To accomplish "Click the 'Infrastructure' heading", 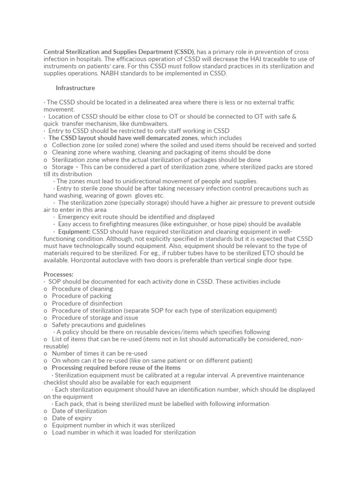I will click(x=75, y=88).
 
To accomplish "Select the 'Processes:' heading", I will click(x=59, y=274).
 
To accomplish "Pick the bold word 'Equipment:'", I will click(x=74, y=232).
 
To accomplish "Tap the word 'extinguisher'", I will click(x=172, y=224).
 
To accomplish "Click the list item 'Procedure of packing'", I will click(x=82, y=296).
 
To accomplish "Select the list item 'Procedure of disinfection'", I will click(x=87, y=303).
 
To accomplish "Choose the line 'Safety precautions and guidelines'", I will click(x=98, y=324).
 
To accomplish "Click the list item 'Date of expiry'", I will click(x=72, y=418).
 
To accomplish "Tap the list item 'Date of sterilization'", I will click(x=79, y=411).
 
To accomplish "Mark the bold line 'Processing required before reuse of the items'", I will click(x=116, y=368).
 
